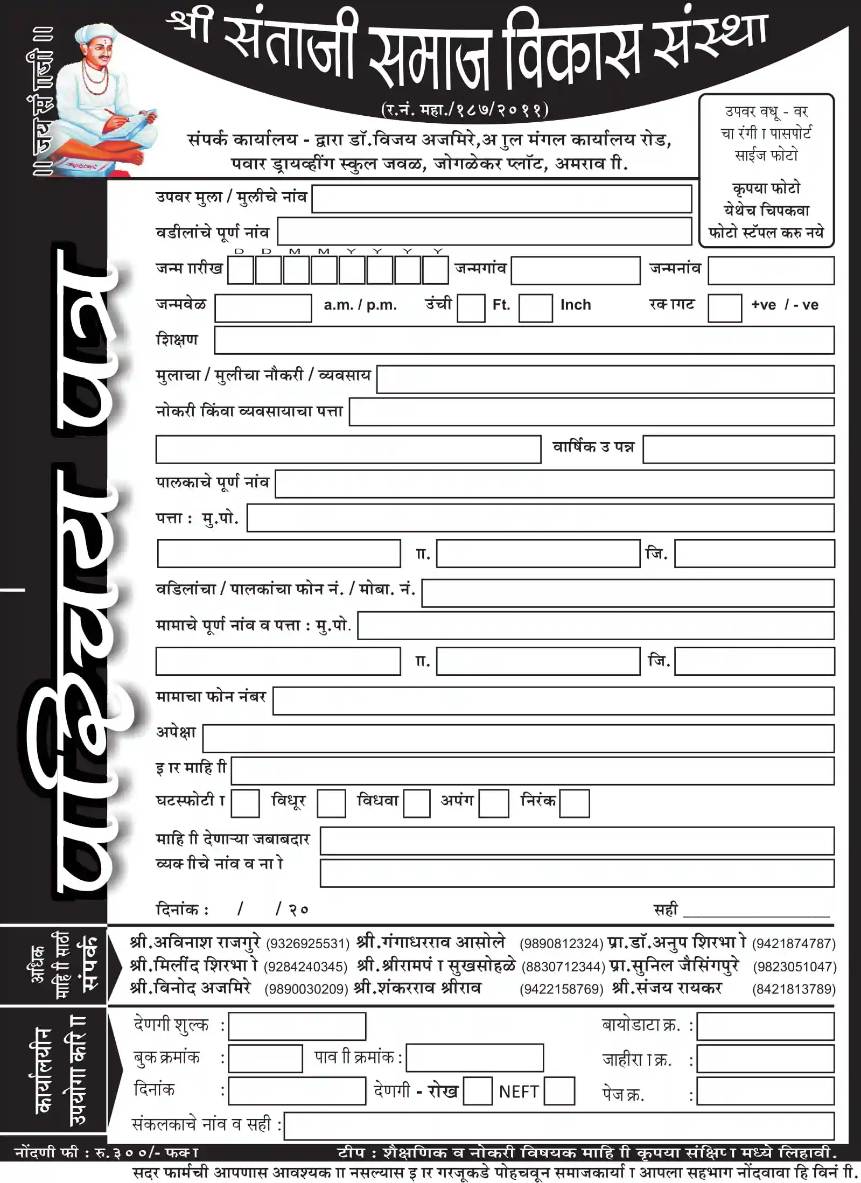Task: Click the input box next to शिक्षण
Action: [x=524, y=340]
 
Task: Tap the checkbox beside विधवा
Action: [x=416, y=803]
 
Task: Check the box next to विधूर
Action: [x=331, y=803]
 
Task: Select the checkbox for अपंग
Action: [x=493, y=803]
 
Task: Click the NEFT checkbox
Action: [x=559, y=1091]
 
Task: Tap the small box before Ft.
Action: [x=471, y=308]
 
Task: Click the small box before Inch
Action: [x=535, y=308]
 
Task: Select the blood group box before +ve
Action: [x=724, y=308]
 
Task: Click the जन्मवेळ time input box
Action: [x=263, y=308]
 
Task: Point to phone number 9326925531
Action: [x=307, y=944]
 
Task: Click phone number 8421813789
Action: [x=794, y=989]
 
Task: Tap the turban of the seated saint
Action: [x=95, y=36]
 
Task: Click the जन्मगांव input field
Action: [x=575, y=270]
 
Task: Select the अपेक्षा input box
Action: [x=518, y=738]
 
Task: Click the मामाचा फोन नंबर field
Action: [x=553, y=701]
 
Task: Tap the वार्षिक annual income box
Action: [x=738, y=450]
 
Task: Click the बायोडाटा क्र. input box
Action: [x=765, y=1026]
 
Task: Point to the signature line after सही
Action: [x=756, y=911]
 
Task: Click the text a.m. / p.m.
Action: [x=360, y=305]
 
